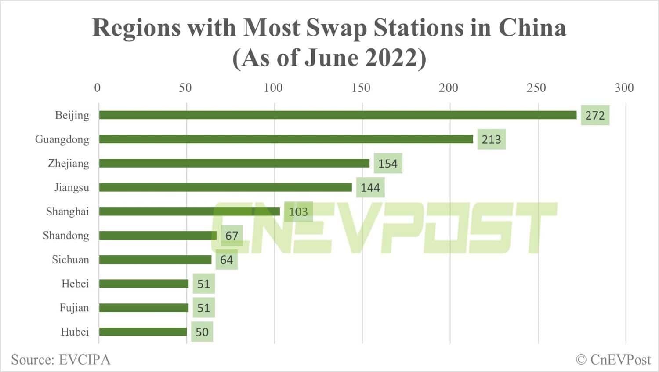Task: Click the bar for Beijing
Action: point(337,115)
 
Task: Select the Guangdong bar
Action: point(286,139)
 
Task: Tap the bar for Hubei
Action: point(143,332)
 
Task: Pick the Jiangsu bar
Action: point(225,187)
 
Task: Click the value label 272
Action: point(595,115)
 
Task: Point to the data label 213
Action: point(491,139)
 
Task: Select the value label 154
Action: point(387,164)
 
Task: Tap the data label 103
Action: point(298,212)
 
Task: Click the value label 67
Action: point(232,236)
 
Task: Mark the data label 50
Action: point(202,332)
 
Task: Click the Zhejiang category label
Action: point(69,164)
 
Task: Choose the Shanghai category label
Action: point(67,212)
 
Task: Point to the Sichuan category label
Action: point(70,259)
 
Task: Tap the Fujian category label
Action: point(74,308)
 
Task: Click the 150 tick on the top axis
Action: point(361,88)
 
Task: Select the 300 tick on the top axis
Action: point(624,88)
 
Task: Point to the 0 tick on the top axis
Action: point(97,88)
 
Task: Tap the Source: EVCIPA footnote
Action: point(61,360)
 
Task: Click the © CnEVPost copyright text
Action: point(613,360)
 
